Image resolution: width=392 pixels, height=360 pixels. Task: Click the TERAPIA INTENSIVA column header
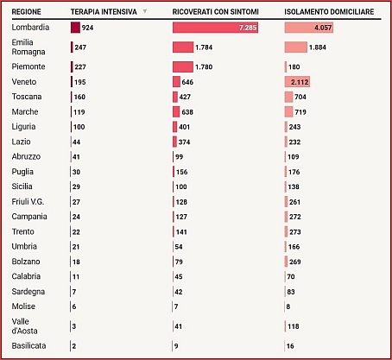pos(104,12)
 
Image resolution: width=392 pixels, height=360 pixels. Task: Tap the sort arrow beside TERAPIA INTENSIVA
pos(145,11)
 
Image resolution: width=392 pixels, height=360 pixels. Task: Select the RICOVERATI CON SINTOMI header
pos(216,12)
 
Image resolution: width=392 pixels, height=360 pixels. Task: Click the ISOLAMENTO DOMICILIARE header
pos(329,12)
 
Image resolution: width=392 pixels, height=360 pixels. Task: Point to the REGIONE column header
pos(26,12)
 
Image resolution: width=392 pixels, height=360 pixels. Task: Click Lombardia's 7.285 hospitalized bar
pos(215,28)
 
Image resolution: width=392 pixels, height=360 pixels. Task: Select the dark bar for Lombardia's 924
pos(75,28)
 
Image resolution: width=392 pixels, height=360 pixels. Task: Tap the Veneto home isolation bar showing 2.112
pos(297,82)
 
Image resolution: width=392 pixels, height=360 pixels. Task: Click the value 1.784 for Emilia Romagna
pos(204,47)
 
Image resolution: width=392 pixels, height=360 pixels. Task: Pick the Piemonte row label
pos(28,66)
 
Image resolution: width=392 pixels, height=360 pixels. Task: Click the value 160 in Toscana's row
pos(79,97)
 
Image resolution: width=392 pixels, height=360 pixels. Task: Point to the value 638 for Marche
pos(187,112)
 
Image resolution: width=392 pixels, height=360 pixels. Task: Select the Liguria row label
pos(23,127)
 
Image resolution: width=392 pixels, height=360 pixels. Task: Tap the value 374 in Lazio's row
pos(184,142)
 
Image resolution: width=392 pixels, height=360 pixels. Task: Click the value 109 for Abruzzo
pos(294,157)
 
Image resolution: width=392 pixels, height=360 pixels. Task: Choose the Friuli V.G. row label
pos(28,202)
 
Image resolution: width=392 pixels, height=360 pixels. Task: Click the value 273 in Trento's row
pos(295,232)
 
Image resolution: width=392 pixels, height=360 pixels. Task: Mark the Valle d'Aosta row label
pos(24,326)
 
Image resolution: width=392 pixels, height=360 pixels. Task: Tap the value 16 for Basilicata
pos(290,346)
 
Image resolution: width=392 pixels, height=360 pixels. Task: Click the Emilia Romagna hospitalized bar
pos(183,47)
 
